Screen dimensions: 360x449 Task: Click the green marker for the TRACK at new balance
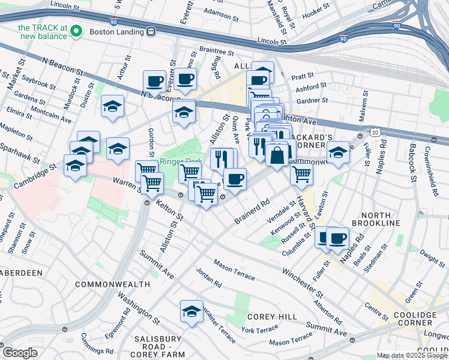(x=76, y=31)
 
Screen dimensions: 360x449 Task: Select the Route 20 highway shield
(x=375, y=131)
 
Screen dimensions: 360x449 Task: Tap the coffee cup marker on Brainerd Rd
(x=235, y=179)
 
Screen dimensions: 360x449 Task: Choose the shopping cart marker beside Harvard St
(x=301, y=174)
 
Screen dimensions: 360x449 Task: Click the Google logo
(x=20, y=353)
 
